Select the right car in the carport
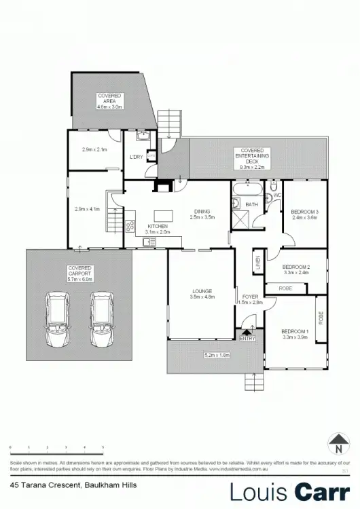pos(102,318)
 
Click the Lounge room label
pos(202,293)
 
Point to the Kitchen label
pos(158,229)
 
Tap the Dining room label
pos(202,214)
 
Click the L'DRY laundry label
pos(134,158)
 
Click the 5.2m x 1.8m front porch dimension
pos(216,355)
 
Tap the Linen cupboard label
pos(258,261)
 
